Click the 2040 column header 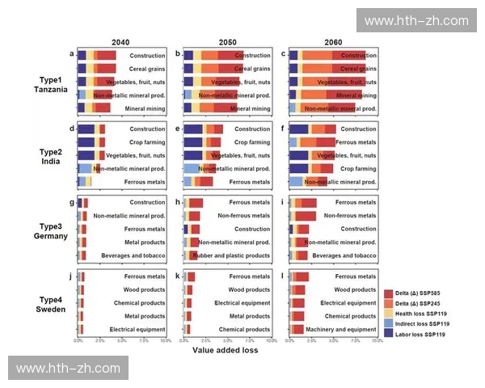coord(120,41)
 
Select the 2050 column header coord(227,41)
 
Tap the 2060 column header coord(332,41)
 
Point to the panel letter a coord(72,54)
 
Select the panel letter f coord(283,128)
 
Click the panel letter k coord(177,276)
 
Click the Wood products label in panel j coord(145,289)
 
